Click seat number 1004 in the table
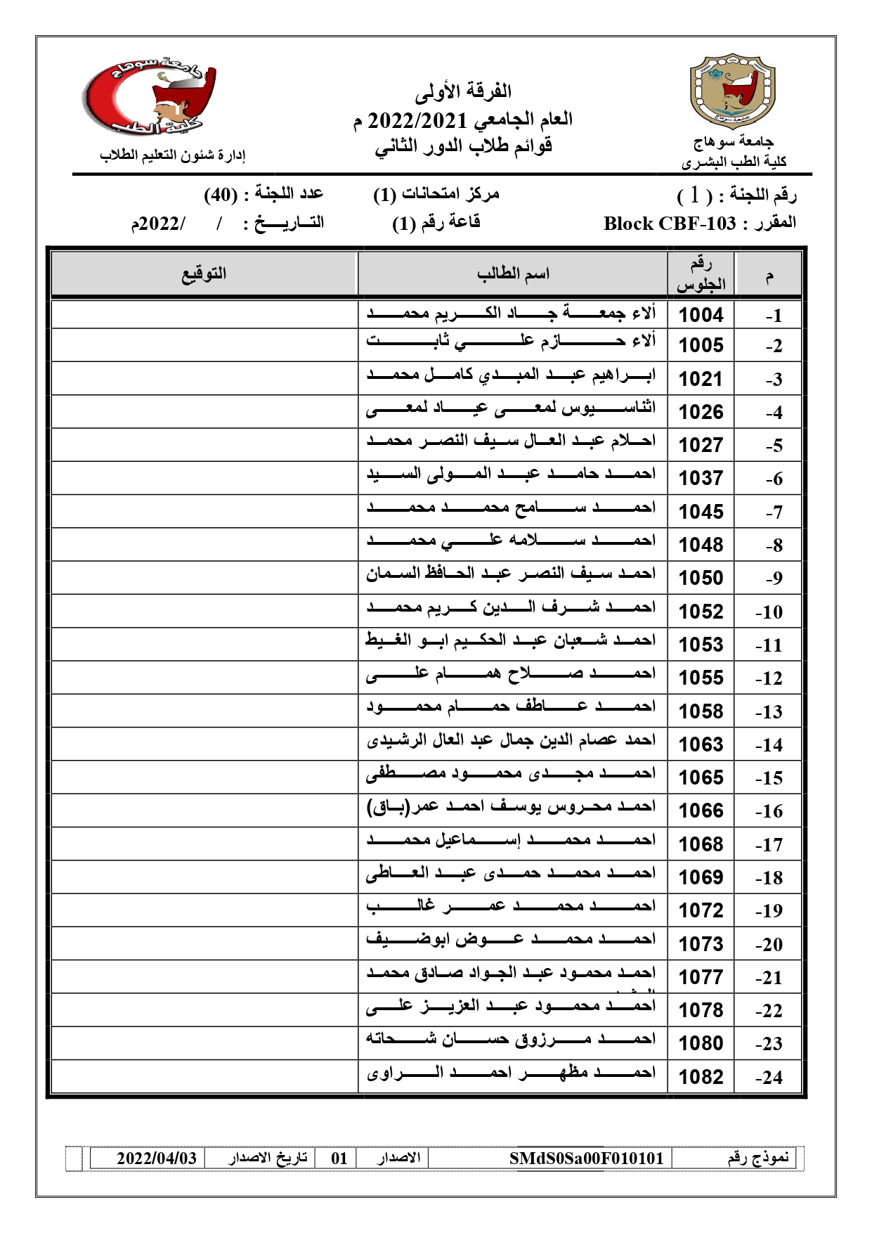tap(701, 314)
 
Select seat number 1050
tap(701, 578)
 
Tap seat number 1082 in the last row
tap(701, 1077)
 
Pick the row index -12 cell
tap(769, 678)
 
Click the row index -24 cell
tap(769, 1077)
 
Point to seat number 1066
tap(701, 811)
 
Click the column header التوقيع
tap(204, 273)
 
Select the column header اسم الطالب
tap(513, 273)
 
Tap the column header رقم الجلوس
tap(701, 273)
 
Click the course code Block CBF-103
tap(669, 224)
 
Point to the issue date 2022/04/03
tap(156, 1158)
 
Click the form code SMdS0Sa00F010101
tap(586, 1158)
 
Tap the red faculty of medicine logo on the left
tap(150, 95)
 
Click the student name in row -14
tap(511, 740)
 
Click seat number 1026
tap(701, 412)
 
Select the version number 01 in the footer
tap(339, 1158)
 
